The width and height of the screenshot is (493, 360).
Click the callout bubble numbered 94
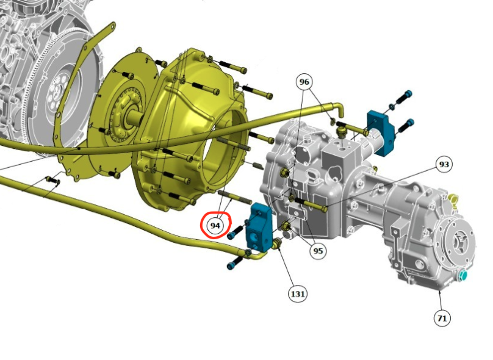(215, 226)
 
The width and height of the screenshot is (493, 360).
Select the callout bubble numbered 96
(304, 82)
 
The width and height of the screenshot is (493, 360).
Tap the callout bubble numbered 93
(444, 164)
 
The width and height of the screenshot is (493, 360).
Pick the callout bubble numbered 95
(318, 251)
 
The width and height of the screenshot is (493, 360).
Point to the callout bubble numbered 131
(297, 293)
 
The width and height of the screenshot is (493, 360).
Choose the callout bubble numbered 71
(442, 319)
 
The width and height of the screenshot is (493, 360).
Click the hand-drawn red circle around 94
(216, 225)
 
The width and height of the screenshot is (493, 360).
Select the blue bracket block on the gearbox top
(381, 131)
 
